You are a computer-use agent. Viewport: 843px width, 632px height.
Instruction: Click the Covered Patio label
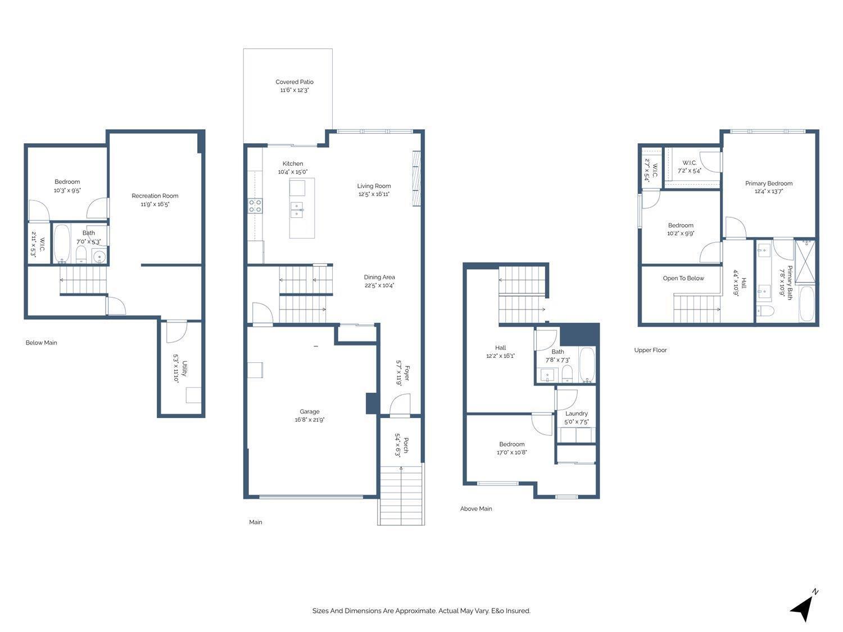click(x=294, y=82)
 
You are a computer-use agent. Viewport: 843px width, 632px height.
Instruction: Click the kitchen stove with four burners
click(x=255, y=206)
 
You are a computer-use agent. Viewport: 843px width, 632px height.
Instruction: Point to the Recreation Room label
click(x=155, y=196)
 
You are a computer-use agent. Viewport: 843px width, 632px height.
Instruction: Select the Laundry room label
click(x=576, y=413)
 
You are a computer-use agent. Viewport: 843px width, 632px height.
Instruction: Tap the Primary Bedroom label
click(x=768, y=184)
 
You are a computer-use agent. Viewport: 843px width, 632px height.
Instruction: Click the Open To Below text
click(x=683, y=279)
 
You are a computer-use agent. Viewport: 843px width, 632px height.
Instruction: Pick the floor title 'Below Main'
click(x=42, y=343)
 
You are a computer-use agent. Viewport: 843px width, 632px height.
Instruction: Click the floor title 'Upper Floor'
click(x=650, y=350)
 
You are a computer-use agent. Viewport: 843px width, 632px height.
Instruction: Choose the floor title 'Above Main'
click(x=476, y=509)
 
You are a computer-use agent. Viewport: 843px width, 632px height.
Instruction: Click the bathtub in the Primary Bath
click(x=806, y=303)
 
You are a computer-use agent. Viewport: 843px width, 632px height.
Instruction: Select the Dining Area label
click(x=379, y=278)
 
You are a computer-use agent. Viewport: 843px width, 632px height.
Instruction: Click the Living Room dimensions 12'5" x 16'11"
click(x=374, y=194)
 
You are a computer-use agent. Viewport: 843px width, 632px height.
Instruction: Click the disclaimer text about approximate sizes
click(x=421, y=611)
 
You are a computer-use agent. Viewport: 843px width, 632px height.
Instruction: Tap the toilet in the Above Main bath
click(x=567, y=373)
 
